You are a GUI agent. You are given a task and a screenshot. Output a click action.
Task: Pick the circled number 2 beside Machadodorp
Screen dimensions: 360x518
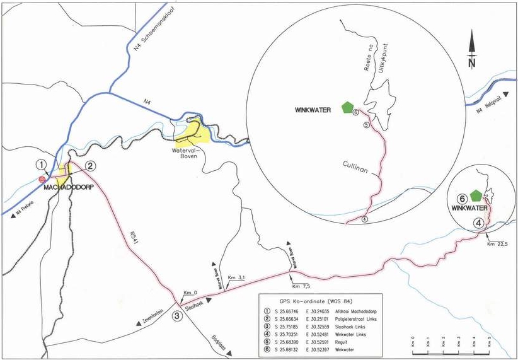[90, 166]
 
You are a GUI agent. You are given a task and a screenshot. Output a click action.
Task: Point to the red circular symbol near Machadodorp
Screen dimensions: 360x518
[42, 180]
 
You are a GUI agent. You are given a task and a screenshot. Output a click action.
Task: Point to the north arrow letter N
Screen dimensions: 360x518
[472, 63]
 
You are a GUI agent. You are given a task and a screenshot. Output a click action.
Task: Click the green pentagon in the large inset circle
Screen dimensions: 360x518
[347, 108]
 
